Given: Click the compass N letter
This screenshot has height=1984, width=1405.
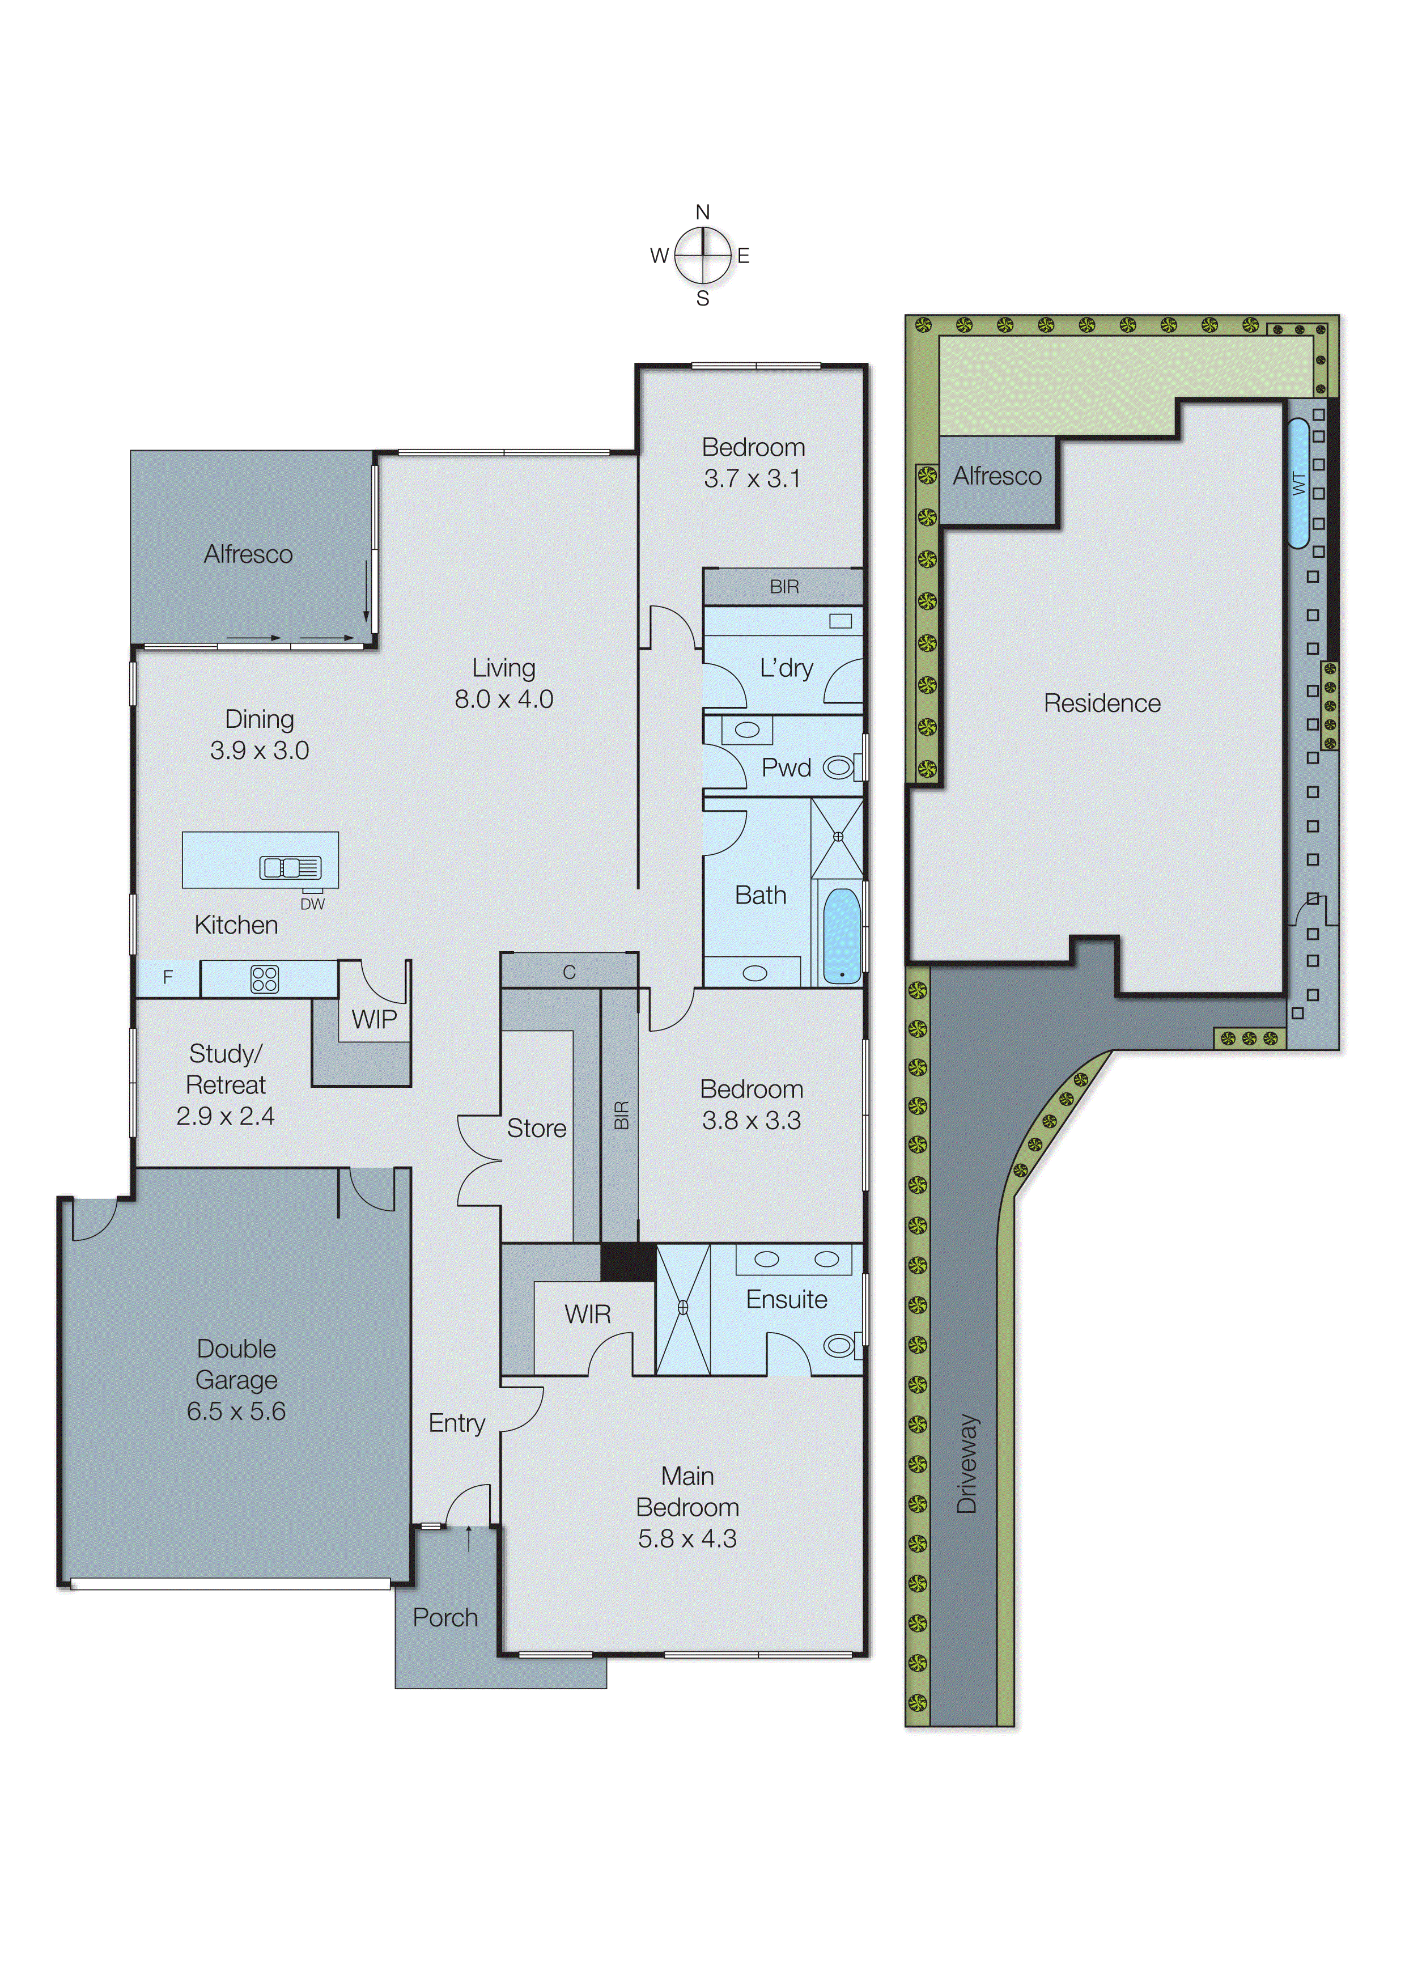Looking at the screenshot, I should pyautogui.click(x=703, y=212).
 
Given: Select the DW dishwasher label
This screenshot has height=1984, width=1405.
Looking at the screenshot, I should pyautogui.click(x=312, y=904).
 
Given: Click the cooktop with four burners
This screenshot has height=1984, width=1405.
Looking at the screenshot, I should pyautogui.click(x=265, y=978).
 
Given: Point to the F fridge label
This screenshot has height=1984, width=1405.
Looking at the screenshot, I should pyautogui.click(x=168, y=978).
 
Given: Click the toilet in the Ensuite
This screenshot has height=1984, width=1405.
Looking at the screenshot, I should pyautogui.click(x=838, y=1346).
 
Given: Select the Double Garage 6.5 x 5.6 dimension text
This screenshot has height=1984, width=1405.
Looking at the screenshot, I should pyautogui.click(x=236, y=1411).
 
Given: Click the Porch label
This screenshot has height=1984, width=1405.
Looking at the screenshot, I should pyautogui.click(x=445, y=1617).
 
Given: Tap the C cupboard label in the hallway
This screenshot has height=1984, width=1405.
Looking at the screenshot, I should pyautogui.click(x=568, y=973).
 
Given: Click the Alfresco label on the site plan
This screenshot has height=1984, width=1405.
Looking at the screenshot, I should pyautogui.click(x=997, y=476).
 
